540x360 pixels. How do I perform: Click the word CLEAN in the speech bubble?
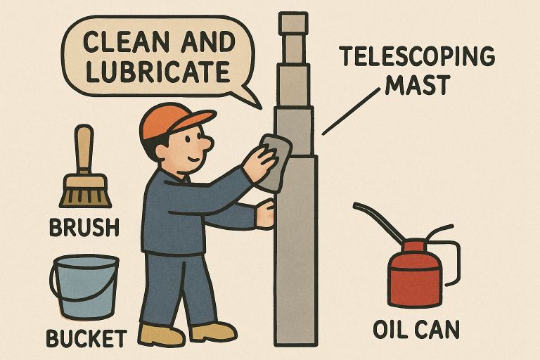[117, 44]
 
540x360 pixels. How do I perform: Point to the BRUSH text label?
[84, 227]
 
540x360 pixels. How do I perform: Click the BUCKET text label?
[86, 338]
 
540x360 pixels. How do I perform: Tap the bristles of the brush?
[85, 193]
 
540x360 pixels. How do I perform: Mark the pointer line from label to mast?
[347, 112]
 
